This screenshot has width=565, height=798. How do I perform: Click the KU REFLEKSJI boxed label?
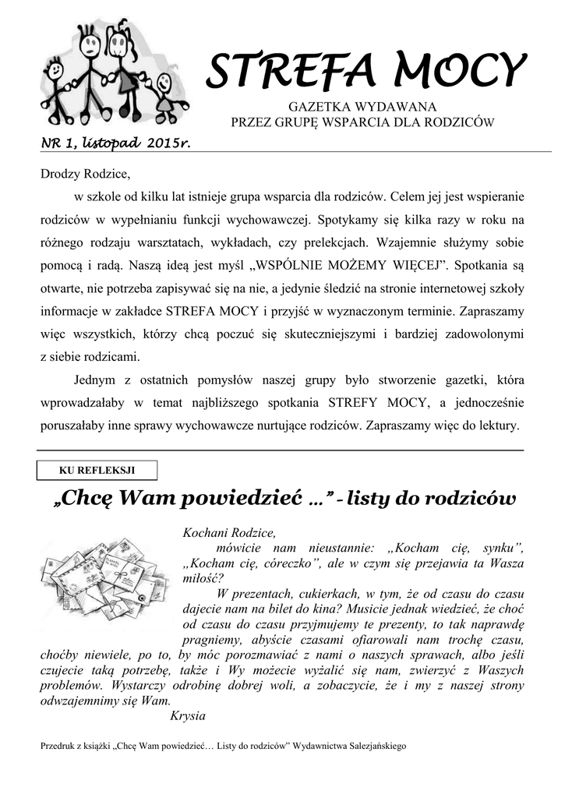[x=97, y=470]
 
